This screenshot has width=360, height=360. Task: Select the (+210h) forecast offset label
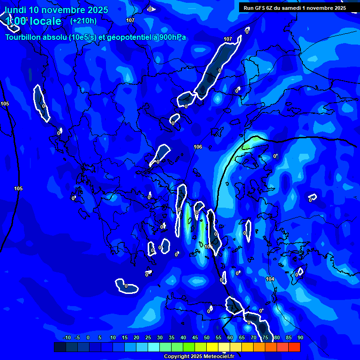point(83,21)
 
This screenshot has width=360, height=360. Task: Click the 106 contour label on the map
point(198,147)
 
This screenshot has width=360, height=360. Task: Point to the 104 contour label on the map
point(270,279)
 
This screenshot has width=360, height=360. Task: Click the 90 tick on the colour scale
point(300,337)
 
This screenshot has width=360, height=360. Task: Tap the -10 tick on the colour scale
point(67,337)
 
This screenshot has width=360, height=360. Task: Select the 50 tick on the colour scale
point(207,337)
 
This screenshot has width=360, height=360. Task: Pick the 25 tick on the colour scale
point(148,337)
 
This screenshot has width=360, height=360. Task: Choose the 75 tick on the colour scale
point(265,337)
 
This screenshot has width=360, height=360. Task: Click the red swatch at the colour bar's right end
point(294,347)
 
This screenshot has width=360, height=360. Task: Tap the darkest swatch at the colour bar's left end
point(60,347)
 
